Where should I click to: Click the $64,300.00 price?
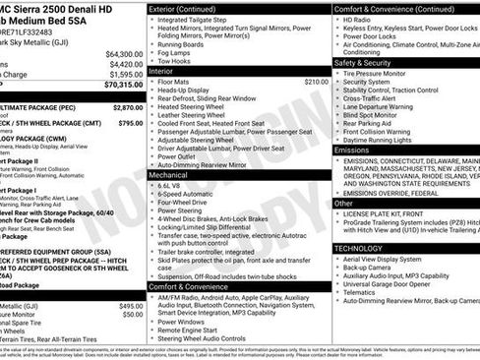click(124, 53)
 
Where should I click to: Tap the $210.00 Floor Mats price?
click(316, 82)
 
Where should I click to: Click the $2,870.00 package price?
click(128, 106)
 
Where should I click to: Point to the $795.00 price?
click(131, 123)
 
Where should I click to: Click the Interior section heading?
click(160, 71)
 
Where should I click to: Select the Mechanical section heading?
click(168, 174)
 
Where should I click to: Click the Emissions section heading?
click(352, 150)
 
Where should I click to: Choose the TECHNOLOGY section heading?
click(358, 249)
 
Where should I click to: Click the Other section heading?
click(343, 203)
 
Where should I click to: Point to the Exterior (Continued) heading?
click(182, 8)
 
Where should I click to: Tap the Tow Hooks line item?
click(175, 60)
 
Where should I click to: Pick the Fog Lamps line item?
click(176, 51)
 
